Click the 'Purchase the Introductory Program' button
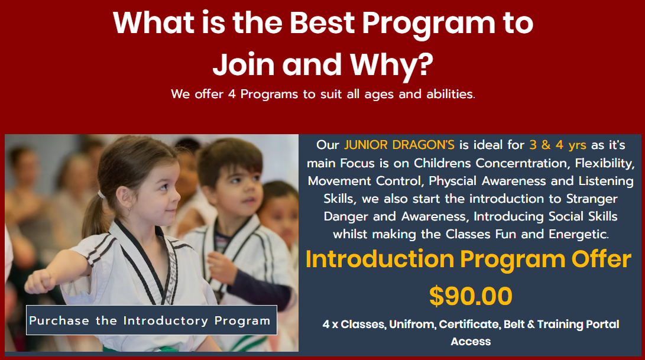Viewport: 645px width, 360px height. click(151, 320)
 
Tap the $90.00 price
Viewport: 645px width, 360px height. click(471, 296)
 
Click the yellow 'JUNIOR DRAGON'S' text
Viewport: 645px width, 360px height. click(400, 145)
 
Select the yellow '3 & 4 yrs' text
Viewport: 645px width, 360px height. click(558, 145)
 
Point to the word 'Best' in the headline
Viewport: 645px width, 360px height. click(322, 22)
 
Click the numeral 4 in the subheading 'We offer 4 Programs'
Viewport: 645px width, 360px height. click(232, 94)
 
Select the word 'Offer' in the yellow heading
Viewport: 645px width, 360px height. click(601, 259)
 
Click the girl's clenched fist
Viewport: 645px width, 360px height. click(39, 282)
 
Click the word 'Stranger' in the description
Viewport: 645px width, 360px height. click(592, 199)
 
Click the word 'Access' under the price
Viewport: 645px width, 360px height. click(471, 342)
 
